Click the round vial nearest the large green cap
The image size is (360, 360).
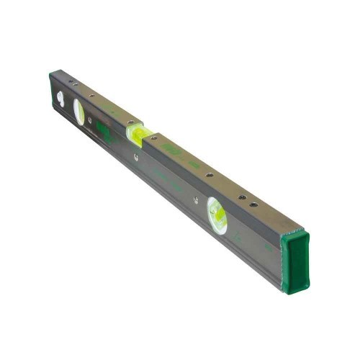pyautogui.click(x=217, y=215)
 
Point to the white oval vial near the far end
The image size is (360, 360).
pyautogui.click(x=79, y=112)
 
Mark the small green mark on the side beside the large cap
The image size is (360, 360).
pyautogui.click(x=268, y=247)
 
